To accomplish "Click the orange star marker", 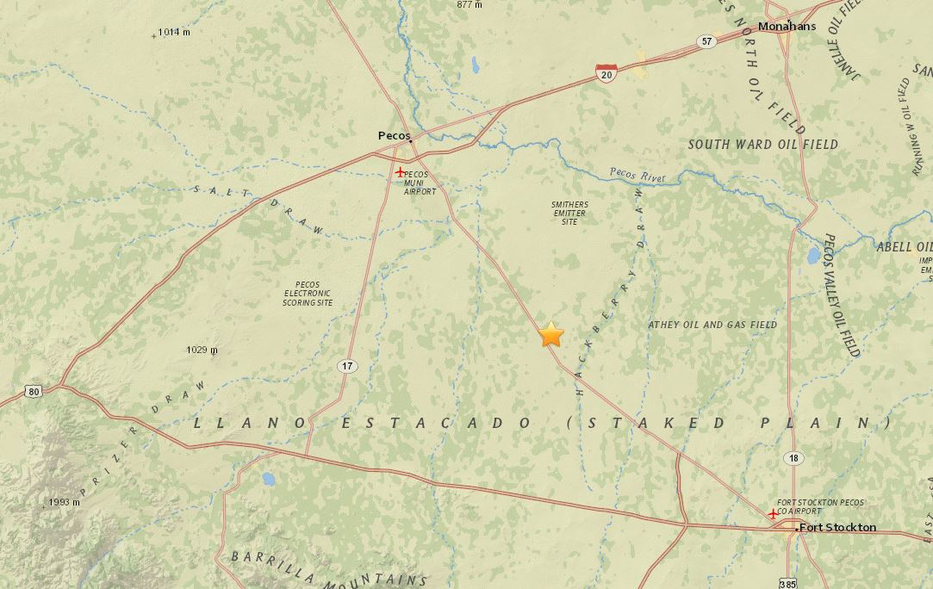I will coord(551,334).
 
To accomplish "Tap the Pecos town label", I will coord(394,135).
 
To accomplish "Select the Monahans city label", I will coord(787,26).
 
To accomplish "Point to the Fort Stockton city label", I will coord(837,527).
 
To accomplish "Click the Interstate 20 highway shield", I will coord(606,74).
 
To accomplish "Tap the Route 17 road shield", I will coord(346,366).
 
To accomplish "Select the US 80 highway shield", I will coord(34,392).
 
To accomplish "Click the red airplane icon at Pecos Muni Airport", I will coord(400,171).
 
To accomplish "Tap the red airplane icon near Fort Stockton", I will coord(772,513).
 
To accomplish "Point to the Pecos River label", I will coord(638,175).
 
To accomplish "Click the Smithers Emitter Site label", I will coord(569,213).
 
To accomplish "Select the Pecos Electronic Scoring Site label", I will coord(307,294).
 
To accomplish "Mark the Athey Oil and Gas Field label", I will coord(712,325).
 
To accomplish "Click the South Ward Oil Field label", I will coord(762,145).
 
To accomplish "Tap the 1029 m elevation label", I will coord(202,350).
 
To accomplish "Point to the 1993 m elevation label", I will coord(64,502).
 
